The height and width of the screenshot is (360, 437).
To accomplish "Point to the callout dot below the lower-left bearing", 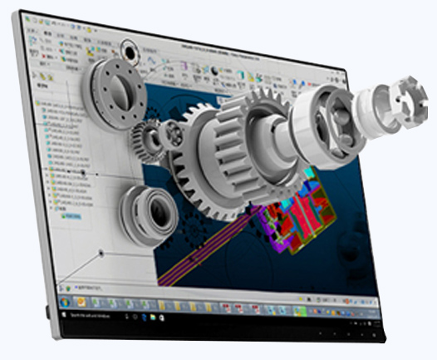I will (x=100, y=251).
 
